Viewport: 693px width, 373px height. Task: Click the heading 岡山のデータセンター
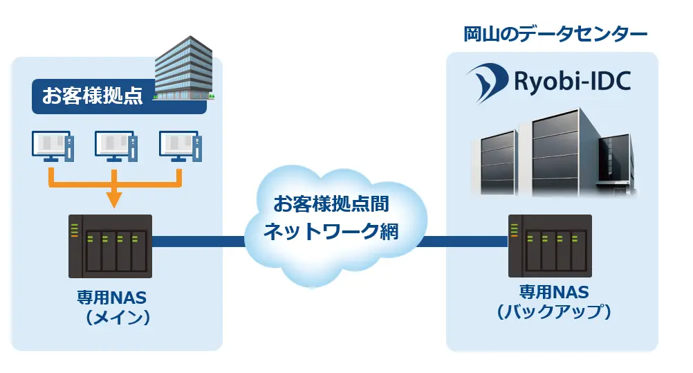[x=555, y=34]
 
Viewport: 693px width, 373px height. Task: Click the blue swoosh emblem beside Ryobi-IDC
[x=486, y=82]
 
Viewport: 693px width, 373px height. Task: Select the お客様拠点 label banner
[x=93, y=95]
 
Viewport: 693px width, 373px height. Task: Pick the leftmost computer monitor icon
[x=51, y=147]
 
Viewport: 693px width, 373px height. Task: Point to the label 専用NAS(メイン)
[x=115, y=307]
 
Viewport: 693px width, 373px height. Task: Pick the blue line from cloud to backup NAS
[x=462, y=242]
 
